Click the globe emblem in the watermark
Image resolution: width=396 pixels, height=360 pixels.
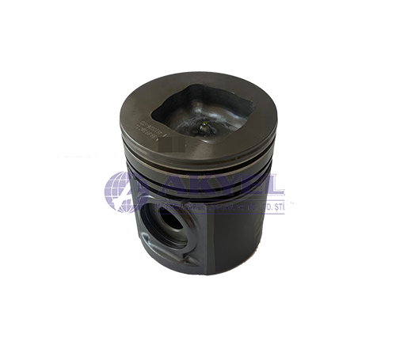coord(124,192)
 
